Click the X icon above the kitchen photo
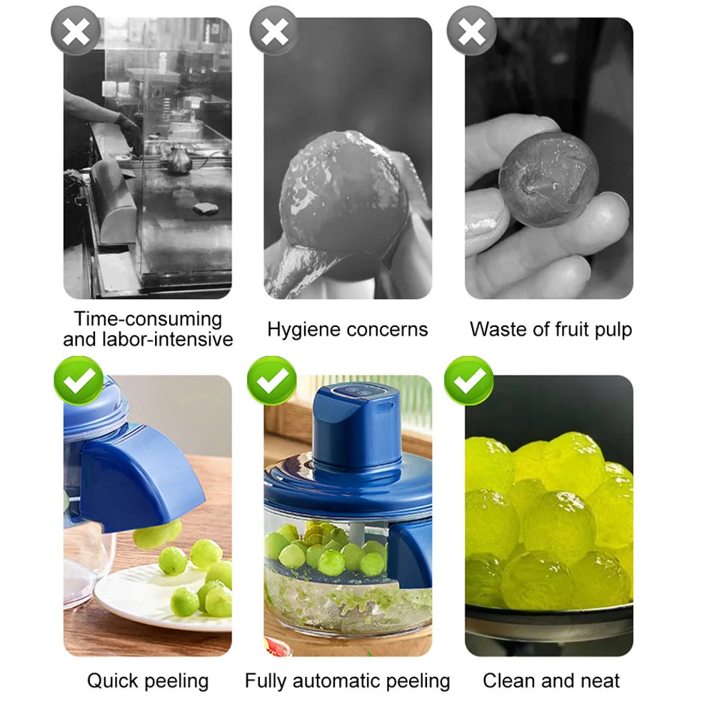tap(76, 31)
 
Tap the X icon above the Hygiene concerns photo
tap(273, 31)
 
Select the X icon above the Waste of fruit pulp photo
tap(471, 31)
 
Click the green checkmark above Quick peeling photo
tap(79, 381)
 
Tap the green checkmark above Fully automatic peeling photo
tap(272, 381)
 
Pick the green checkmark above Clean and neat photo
tap(468, 381)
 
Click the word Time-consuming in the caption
tap(148, 318)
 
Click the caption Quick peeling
tap(148, 680)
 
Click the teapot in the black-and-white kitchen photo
tap(178, 159)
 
